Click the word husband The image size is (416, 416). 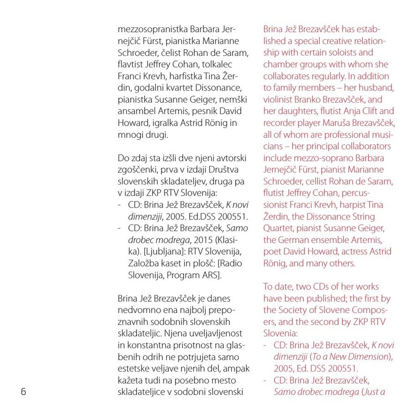pyautogui.click(x=379, y=88)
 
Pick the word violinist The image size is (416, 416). pyautogui.click(x=279, y=99)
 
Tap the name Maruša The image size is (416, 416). pyautogui.click(x=339, y=123)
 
